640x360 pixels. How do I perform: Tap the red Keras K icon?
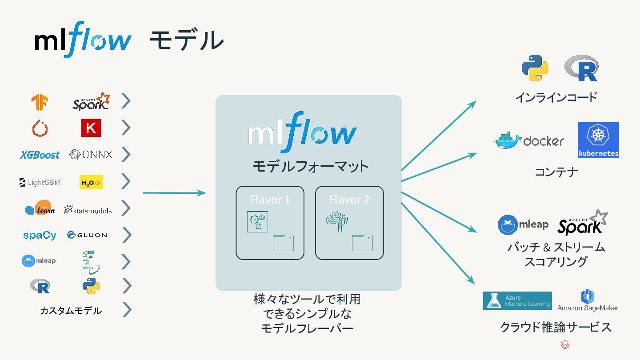coord(91,128)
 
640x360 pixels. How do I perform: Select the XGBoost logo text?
coord(40,155)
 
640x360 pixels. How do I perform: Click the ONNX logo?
coord(91,155)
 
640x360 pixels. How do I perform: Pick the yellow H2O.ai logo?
coord(91,182)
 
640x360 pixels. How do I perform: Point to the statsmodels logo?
coord(88,210)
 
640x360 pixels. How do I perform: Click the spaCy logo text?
coord(40,235)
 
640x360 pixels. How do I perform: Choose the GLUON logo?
coord(87,235)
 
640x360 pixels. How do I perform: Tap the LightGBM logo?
coord(40,182)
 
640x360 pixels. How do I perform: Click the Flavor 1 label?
coord(270,200)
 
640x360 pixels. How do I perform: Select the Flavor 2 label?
coord(349,200)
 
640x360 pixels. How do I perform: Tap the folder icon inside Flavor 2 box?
coord(362,243)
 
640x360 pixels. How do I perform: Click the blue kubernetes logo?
coord(598,140)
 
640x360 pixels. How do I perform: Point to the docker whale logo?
coord(509,140)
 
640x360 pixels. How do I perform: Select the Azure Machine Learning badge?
coord(517,301)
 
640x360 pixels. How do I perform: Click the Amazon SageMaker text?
coord(588,308)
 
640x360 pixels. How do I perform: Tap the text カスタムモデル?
coord(71,311)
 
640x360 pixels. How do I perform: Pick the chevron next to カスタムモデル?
coord(127,310)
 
